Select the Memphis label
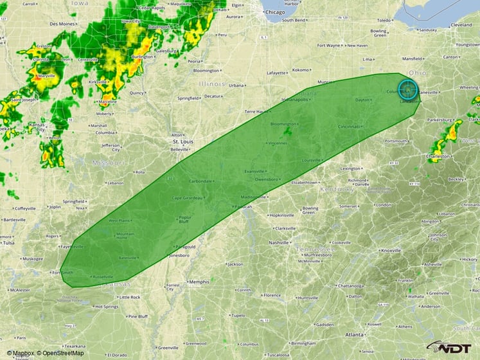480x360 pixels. (199, 282)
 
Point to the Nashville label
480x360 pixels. (279, 242)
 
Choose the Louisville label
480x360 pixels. (311, 159)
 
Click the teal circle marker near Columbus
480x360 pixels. (408, 89)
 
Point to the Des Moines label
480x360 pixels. (62, 24)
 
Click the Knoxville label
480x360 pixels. (390, 251)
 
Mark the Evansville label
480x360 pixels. (255, 172)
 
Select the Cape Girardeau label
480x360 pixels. (187, 197)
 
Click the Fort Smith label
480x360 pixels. (64, 272)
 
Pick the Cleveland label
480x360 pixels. (461, 24)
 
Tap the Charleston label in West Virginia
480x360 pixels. (438, 156)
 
